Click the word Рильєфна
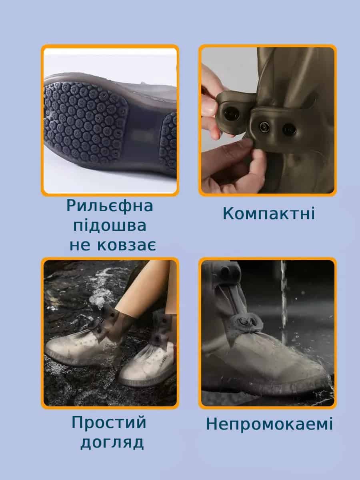[110, 206]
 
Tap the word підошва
[110, 226]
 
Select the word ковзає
[126, 245]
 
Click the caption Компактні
[269, 213]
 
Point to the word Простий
[109, 422]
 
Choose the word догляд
[112, 442]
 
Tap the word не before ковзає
[80, 246]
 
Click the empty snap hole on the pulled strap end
[231, 114]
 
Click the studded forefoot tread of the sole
[85, 122]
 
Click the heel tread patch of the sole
[169, 140]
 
